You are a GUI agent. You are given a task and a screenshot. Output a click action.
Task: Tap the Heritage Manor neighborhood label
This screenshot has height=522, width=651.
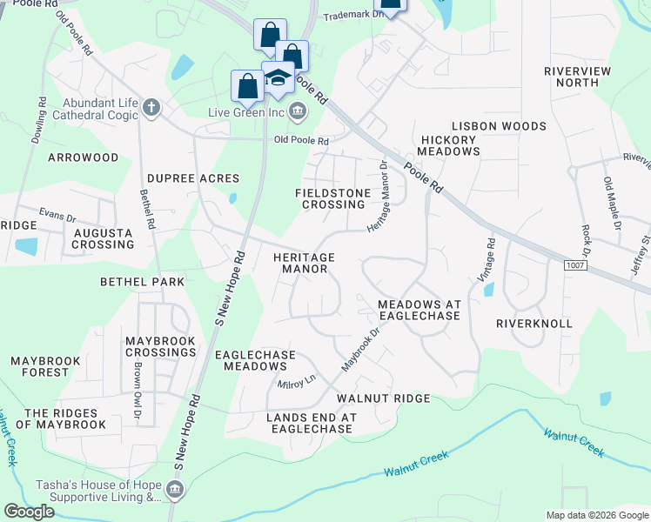pos(304,264)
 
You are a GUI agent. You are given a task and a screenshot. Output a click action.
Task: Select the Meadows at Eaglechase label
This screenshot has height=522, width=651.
pos(418,310)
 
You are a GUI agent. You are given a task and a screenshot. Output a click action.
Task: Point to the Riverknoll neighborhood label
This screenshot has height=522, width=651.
pos(534,323)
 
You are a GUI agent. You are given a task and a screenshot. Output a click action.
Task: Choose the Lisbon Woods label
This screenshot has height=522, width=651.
pos(500,126)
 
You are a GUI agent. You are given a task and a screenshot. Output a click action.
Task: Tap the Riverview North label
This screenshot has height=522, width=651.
pos(577,77)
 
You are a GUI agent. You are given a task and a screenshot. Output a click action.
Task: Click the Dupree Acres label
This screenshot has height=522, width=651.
pos(192,178)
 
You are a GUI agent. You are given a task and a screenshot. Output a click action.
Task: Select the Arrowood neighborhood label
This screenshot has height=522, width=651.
pos(83,157)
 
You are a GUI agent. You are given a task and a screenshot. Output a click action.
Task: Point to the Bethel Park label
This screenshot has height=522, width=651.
pos(143,282)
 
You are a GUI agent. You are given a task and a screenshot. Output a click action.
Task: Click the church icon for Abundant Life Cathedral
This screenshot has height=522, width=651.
pos(151,107)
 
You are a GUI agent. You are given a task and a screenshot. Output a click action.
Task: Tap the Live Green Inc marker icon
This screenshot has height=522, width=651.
pos(297,110)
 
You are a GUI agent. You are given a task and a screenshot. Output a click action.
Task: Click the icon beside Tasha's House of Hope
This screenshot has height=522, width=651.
pos(173,492)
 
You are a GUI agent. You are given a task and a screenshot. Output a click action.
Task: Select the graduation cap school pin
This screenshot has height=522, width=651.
pos(278,77)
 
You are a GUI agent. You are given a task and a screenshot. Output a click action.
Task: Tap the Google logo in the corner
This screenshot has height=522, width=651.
pos(29,512)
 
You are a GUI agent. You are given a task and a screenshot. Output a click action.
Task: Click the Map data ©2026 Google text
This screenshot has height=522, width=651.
pos(596,515)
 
